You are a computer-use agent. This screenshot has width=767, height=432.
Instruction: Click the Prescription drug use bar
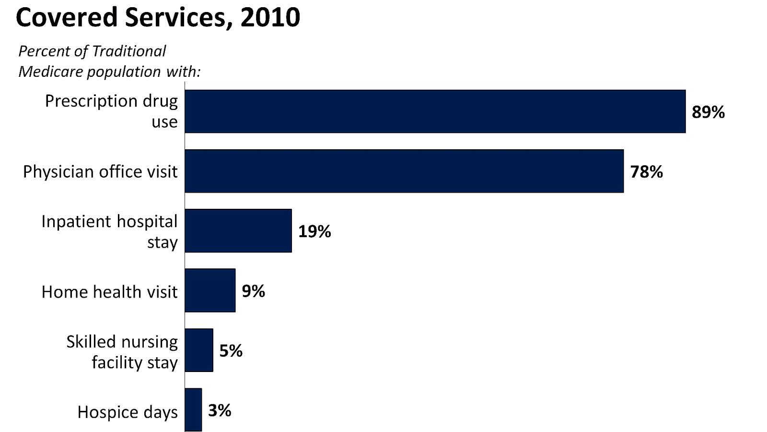point(435,111)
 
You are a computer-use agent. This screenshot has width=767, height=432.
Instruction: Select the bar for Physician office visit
point(404,171)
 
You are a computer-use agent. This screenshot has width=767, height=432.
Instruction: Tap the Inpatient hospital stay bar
point(238,230)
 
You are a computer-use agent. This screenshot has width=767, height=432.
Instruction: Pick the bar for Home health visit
point(210,290)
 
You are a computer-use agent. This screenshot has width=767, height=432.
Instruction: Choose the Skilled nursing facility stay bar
point(199,350)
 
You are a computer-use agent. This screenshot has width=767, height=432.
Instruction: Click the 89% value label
point(708,112)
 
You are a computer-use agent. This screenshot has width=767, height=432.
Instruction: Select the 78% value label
point(646,172)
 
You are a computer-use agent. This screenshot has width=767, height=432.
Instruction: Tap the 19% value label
point(314,231)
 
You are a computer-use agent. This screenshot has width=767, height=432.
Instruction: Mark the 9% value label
point(253,291)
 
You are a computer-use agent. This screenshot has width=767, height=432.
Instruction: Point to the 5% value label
point(231,351)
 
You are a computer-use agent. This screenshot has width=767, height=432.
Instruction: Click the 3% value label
point(220,410)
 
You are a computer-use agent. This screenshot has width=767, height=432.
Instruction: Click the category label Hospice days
point(128,412)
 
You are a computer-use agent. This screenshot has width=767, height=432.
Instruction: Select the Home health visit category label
point(109,292)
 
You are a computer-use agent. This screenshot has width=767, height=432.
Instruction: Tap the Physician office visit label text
point(100,171)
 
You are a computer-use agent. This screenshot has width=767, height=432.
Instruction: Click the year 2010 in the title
point(270,18)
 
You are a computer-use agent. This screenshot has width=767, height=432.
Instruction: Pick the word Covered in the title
point(67,18)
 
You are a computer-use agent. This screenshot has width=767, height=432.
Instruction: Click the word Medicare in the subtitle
point(50,72)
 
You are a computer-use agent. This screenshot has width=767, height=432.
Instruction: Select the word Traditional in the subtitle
point(128,51)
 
